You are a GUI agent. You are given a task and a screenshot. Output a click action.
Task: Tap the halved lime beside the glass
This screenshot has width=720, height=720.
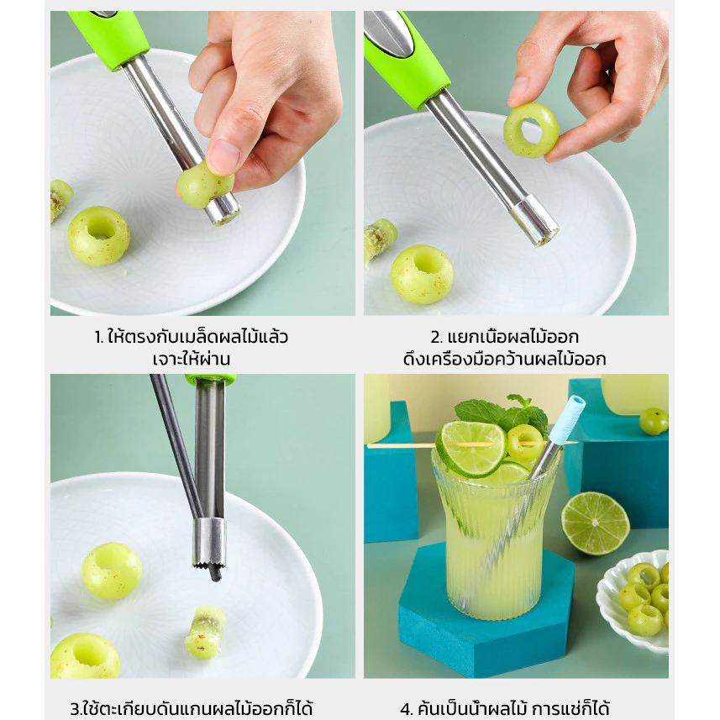coord(595,523)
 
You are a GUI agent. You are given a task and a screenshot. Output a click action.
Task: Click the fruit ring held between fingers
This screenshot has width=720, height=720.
coord(531,130)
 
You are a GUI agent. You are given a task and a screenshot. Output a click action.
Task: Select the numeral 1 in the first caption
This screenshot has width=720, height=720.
coord(99,338)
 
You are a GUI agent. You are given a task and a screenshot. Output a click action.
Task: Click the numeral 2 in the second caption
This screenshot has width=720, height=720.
coord(435,338)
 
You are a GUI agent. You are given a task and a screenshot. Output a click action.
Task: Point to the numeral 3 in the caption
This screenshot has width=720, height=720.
coord(75,708)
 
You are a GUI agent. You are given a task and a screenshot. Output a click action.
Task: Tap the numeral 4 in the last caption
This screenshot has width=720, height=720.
coord(407,708)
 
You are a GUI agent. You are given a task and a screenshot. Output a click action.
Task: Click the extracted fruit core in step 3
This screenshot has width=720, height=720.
coord(205,632)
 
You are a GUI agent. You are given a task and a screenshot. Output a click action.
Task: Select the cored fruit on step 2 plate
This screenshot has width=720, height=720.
coord(422,274)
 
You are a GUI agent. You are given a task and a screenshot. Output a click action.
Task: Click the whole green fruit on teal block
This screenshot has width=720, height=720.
coord(654,422)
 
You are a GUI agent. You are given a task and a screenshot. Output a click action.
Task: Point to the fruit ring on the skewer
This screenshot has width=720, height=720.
coord(524,443)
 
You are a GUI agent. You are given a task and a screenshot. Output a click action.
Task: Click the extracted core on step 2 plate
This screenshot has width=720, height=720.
coord(380,240)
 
